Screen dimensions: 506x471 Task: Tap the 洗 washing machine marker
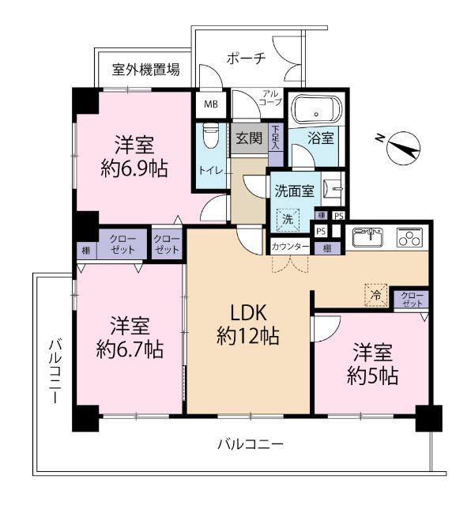[x=288, y=218]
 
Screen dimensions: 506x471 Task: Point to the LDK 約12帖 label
[x=247, y=324]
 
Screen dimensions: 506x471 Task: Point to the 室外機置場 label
[x=145, y=70]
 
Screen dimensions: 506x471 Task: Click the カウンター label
[x=290, y=247]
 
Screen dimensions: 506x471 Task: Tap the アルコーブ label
[x=272, y=99]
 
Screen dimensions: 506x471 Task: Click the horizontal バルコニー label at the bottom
[x=250, y=444]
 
